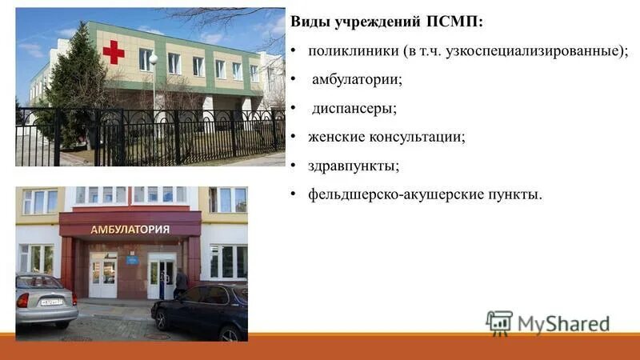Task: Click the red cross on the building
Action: coord(114,52)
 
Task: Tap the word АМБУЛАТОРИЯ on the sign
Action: coord(130,230)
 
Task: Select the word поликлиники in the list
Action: coord(349,50)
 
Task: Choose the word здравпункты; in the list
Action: coord(354,166)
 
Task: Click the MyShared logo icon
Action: coord(499,322)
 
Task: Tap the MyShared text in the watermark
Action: coord(563,323)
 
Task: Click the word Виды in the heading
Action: coord(308,21)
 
